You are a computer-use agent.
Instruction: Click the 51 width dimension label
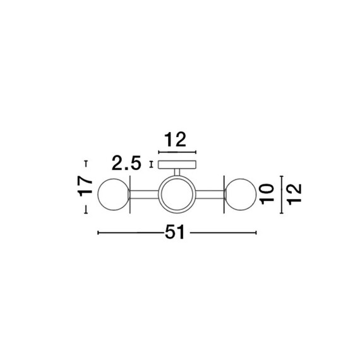click(175, 232)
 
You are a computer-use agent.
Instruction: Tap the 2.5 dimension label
click(126, 163)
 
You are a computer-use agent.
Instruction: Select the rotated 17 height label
click(85, 186)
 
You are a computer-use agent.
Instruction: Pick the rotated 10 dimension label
click(268, 194)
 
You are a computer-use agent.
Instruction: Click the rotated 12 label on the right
click(294, 195)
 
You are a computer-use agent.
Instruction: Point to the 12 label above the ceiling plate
click(175, 140)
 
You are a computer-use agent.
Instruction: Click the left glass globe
click(114, 195)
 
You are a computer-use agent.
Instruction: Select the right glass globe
click(241, 195)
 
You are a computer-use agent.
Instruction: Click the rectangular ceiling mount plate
click(177, 165)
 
